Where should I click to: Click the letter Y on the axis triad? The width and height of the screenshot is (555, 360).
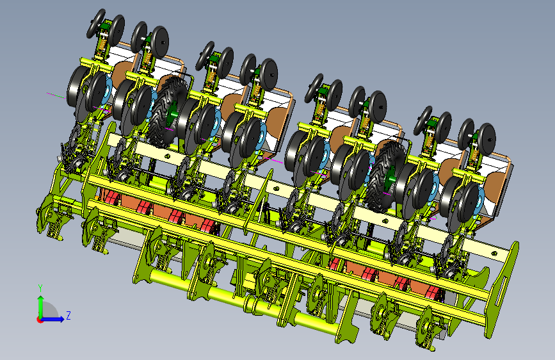40,288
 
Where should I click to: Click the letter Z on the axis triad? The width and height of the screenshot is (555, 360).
68,315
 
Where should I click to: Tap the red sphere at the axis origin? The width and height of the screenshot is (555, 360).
40,320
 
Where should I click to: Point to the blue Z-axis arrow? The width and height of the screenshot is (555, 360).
53,319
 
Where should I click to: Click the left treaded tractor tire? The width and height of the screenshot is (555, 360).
166,111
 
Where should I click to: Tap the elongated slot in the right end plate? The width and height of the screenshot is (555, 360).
501,284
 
